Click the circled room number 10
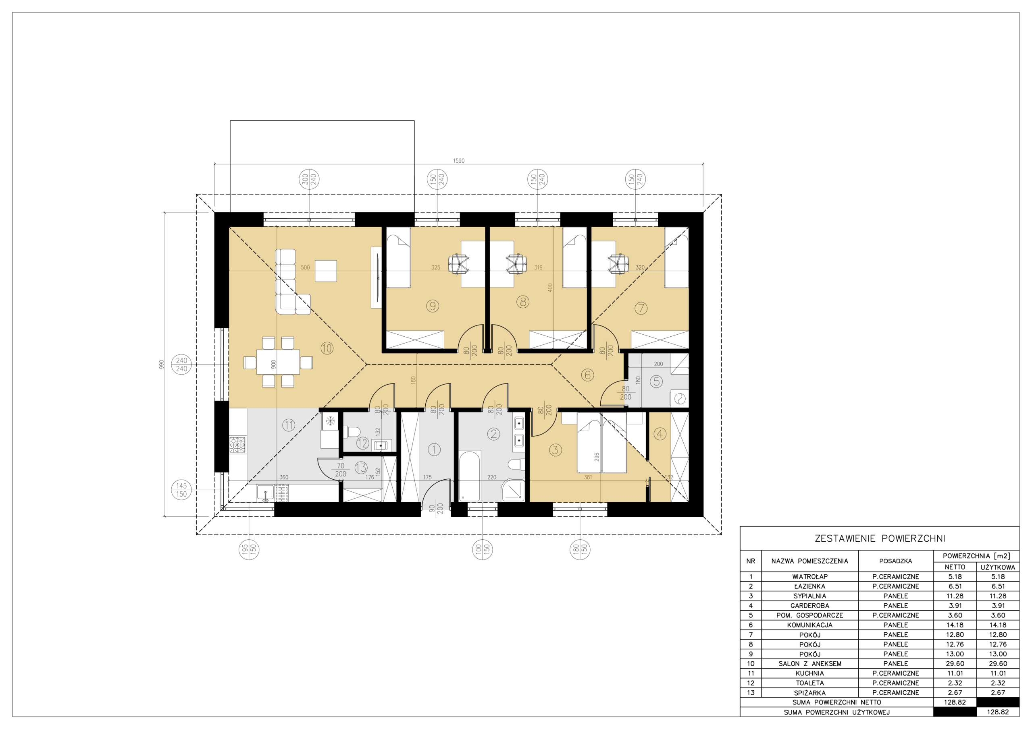click(327, 348)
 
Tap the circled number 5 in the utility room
click(656, 382)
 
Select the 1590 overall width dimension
click(458, 161)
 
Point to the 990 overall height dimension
click(162, 364)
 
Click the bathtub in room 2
click(469, 476)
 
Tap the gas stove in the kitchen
click(238, 445)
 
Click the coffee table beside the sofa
click(326, 271)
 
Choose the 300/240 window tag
click(309, 180)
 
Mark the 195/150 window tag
click(249, 549)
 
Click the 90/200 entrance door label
click(436, 508)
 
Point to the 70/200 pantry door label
click(341, 470)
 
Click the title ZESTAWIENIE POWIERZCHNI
click(880, 538)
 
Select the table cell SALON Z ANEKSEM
click(810, 663)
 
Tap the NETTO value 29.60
click(955, 663)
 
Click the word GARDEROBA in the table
click(810, 605)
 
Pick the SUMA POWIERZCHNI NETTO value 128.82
click(955, 702)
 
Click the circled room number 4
click(660, 434)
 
